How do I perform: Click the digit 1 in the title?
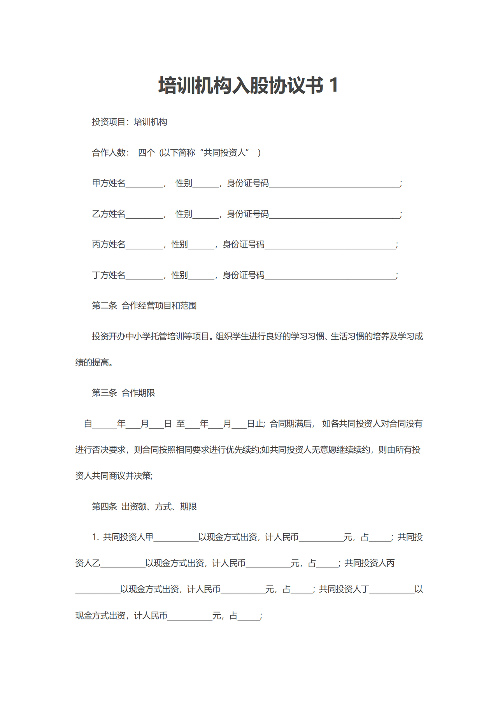point(333,86)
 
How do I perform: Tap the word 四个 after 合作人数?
point(146,153)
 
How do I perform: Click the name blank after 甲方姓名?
point(144,184)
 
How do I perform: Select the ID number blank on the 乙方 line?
point(334,214)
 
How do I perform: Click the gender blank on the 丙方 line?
point(201,245)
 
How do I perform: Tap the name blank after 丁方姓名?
point(144,276)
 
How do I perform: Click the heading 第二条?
point(104,306)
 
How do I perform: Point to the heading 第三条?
point(104,393)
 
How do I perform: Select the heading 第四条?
point(104,506)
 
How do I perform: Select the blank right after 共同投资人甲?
point(176,538)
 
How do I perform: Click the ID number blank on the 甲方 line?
point(334,184)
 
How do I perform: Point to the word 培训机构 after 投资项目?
point(151,122)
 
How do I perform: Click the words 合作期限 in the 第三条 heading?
point(138,393)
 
